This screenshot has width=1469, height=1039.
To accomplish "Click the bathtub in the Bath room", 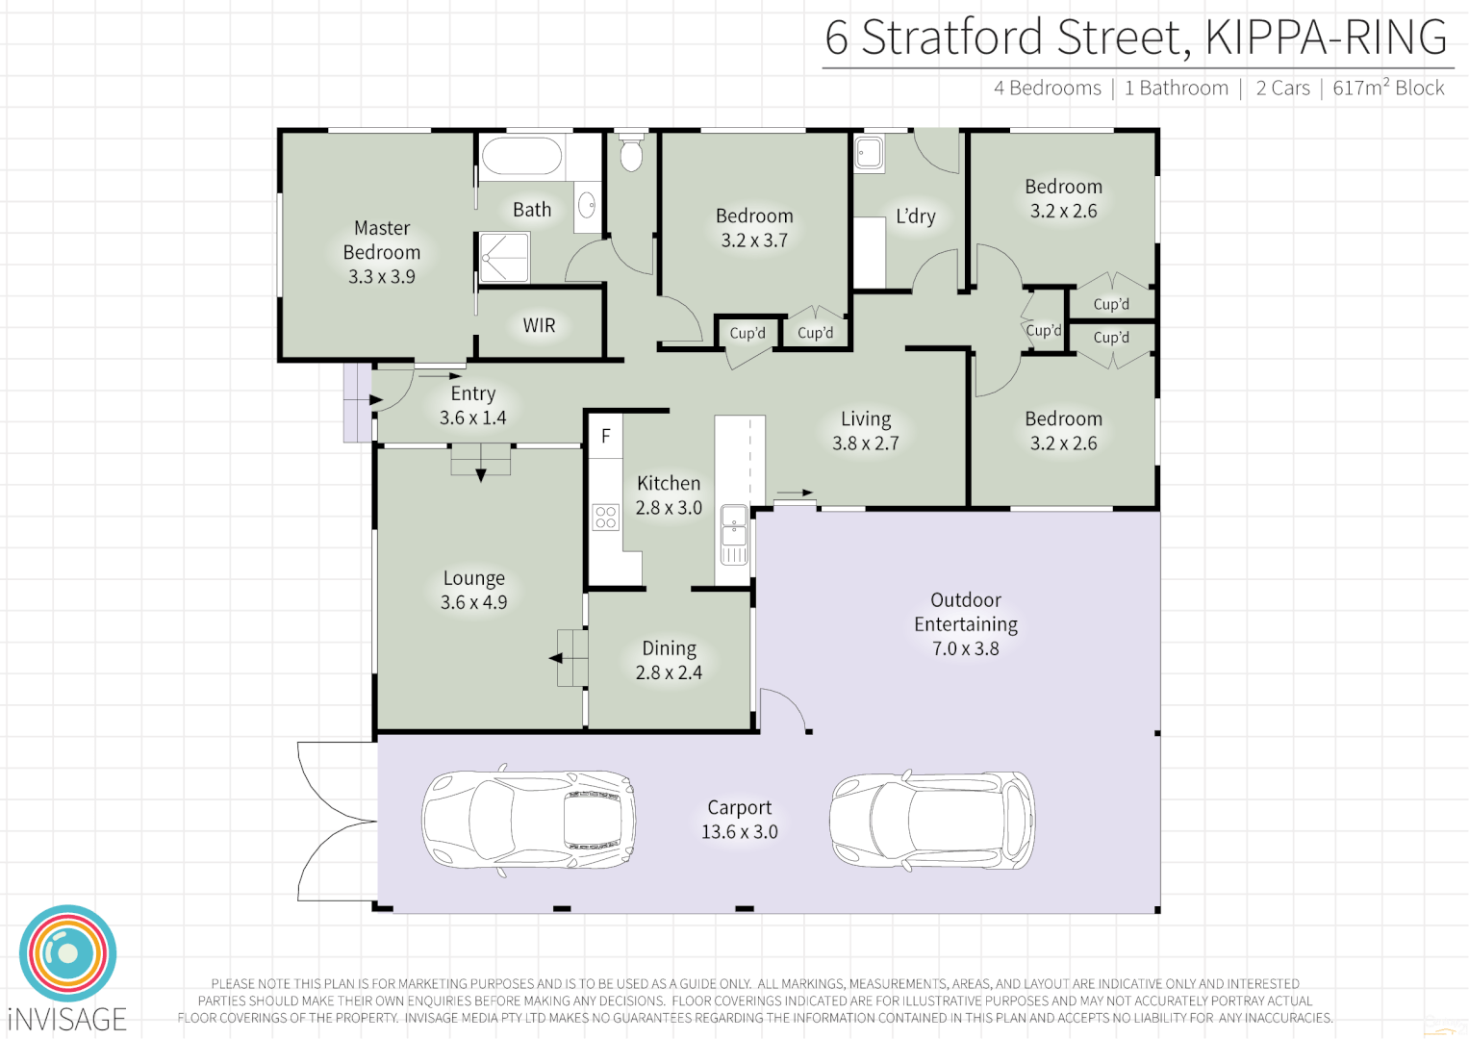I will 521,157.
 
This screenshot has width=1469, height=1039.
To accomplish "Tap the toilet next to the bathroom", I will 631,152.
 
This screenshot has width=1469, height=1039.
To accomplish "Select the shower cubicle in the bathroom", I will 504,258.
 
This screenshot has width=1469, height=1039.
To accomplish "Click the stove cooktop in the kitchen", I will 605,518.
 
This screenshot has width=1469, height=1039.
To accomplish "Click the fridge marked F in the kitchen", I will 606,437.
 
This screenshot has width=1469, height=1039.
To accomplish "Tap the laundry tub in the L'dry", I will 869,154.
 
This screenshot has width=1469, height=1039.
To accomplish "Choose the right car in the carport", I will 931,821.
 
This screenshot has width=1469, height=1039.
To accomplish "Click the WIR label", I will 539,326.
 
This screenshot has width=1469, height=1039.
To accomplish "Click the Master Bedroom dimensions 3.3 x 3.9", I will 382,277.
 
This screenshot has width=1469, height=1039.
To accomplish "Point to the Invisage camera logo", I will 67,953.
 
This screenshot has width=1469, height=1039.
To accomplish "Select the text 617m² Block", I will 1388,89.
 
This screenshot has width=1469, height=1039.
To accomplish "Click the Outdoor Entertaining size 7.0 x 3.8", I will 965,649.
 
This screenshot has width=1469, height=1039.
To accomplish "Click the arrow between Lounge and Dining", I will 556,658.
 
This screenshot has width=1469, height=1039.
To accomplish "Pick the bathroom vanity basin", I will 587,205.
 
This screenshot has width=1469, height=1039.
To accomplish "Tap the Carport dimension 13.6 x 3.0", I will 739,832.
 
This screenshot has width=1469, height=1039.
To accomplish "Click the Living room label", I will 866,419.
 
